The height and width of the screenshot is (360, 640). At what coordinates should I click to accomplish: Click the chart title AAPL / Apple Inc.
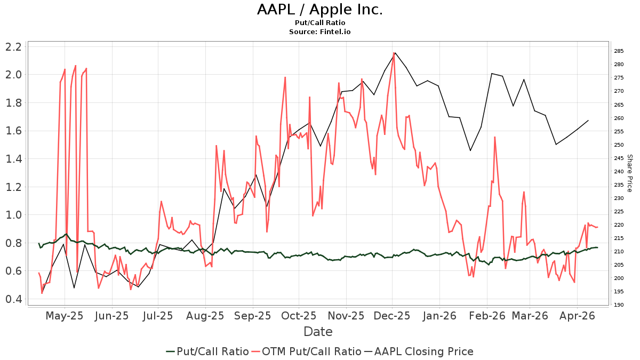(319, 10)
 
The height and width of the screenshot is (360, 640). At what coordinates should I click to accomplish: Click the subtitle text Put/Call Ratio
(319, 23)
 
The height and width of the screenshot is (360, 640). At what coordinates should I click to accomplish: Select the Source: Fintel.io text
(319, 31)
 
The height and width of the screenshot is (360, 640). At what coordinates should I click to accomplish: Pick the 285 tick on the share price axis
(619, 51)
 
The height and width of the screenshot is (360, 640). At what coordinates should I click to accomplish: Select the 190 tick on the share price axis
(619, 305)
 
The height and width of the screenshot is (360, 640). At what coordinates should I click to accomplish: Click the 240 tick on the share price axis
(619, 171)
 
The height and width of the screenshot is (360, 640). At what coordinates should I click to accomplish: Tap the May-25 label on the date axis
(65, 316)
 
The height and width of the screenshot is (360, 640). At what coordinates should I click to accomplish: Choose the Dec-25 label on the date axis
(392, 316)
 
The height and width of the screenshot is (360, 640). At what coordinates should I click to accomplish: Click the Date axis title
(318, 332)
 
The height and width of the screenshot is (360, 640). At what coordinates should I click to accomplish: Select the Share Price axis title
(629, 173)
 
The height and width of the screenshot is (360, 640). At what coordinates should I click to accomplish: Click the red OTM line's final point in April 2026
(597, 227)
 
